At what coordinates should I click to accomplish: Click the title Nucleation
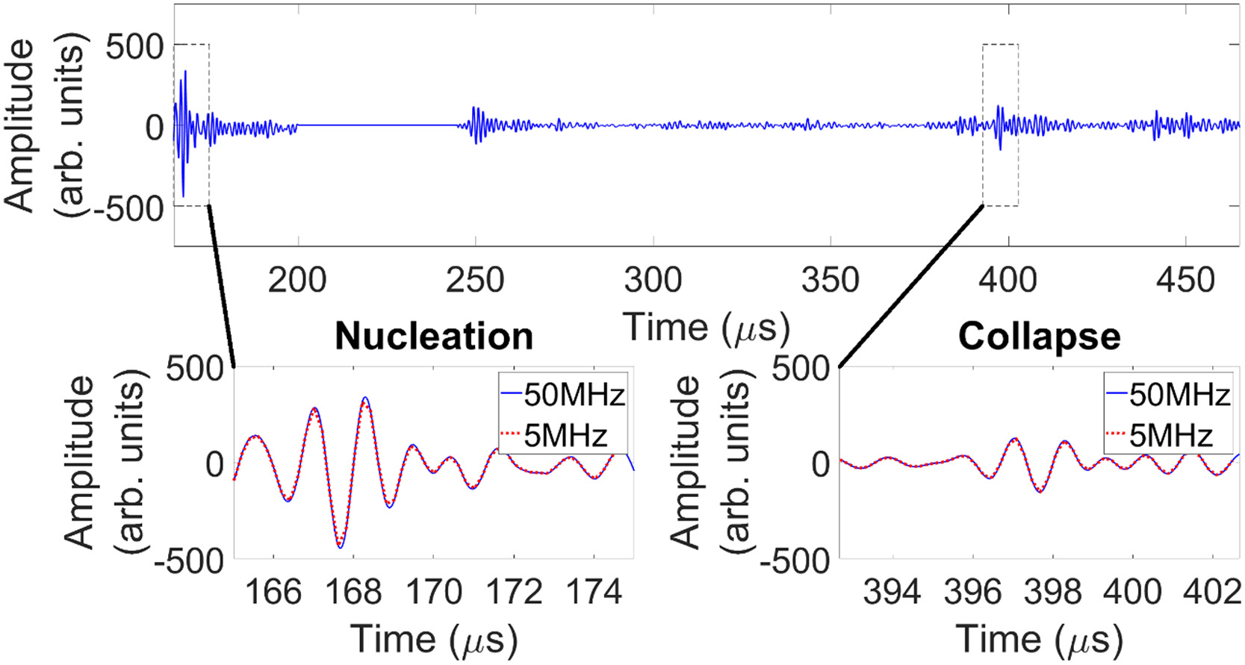pyautogui.click(x=434, y=337)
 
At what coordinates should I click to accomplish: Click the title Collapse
pyautogui.click(x=1039, y=337)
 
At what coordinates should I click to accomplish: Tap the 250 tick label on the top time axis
pyautogui.click(x=475, y=281)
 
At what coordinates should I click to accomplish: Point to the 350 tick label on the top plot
pyautogui.click(x=830, y=281)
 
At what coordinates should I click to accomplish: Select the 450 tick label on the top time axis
pyautogui.click(x=1186, y=281)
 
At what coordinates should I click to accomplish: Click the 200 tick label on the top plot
pyautogui.click(x=297, y=281)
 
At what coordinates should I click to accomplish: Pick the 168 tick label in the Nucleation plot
pyautogui.click(x=353, y=592)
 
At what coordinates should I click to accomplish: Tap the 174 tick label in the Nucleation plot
pyautogui.click(x=594, y=592)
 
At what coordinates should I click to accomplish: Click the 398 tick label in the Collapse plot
pyautogui.click(x=1052, y=592)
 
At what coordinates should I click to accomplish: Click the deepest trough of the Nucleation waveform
pyautogui.click(x=341, y=547)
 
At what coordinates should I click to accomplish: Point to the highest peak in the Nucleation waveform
pyautogui.click(x=365, y=398)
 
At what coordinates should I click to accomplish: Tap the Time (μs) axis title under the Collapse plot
pyautogui.click(x=1039, y=640)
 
